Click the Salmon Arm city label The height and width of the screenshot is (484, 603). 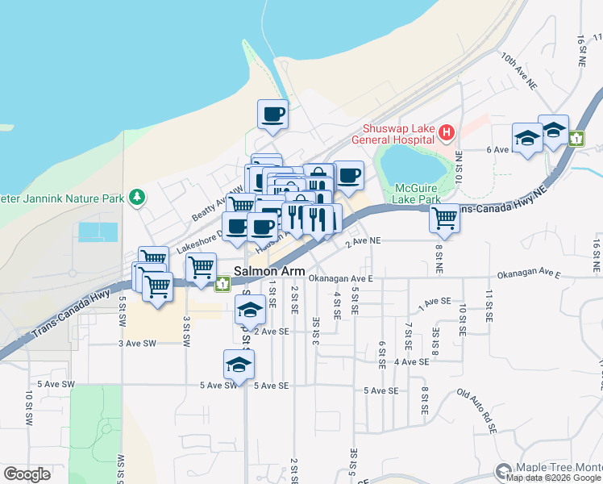tap(269, 271)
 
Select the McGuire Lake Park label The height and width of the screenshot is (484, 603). tap(418, 193)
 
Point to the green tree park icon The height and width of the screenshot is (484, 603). tap(138, 197)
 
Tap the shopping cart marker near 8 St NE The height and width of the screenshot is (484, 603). tap(444, 217)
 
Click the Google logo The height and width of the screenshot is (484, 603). tap(27, 474)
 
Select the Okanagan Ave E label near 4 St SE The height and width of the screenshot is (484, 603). tap(342, 278)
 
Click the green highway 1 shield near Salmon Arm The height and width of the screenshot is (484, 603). tap(222, 284)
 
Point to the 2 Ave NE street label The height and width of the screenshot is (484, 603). tap(362, 241)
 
